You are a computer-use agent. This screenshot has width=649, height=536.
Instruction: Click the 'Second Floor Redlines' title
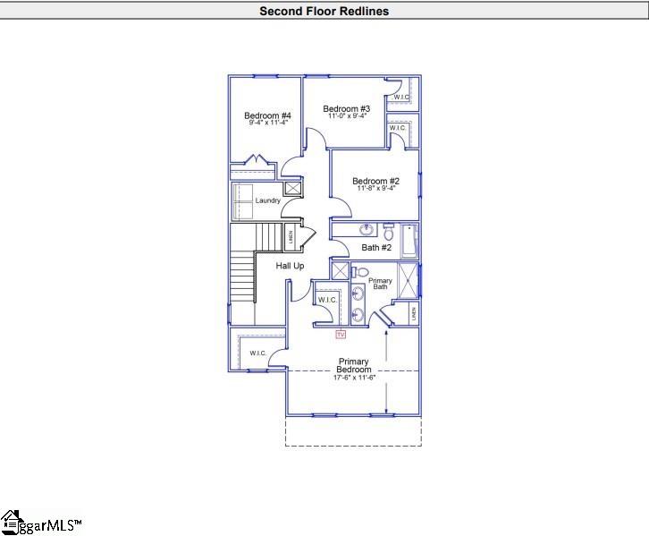[x=324, y=12]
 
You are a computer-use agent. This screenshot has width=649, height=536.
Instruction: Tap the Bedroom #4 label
[x=267, y=116]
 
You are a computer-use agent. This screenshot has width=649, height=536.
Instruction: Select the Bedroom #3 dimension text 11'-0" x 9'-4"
[x=348, y=116]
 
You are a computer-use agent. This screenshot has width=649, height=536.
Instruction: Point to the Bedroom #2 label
[x=375, y=181]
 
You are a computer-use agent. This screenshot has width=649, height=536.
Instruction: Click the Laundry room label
[x=267, y=200]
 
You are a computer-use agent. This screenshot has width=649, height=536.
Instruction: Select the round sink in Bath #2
[x=366, y=230]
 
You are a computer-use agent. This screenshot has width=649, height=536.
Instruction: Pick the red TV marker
[x=340, y=335]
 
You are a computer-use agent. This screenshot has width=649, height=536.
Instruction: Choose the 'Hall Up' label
[x=290, y=267]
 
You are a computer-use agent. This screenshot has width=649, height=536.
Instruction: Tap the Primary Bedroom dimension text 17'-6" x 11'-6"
[x=353, y=378]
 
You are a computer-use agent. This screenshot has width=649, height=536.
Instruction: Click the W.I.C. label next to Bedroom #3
[x=401, y=98]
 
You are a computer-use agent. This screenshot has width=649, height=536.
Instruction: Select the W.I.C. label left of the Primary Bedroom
[x=258, y=353]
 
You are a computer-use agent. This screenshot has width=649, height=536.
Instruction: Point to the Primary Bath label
[x=381, y=284]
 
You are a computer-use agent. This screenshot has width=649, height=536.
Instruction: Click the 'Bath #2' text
[x=376, y=248]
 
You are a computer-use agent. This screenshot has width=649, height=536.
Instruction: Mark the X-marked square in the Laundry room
[x=292, y=188]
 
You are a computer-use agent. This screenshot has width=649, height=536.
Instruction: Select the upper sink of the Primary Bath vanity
[x=358, y=291]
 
